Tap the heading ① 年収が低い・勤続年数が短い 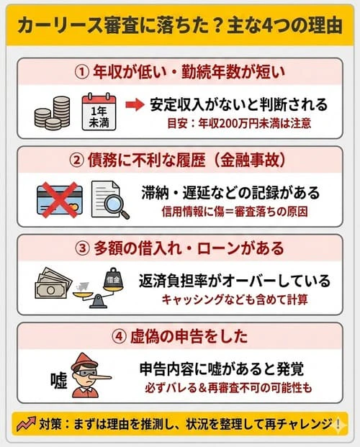179,72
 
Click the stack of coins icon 53,112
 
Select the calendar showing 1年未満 99,111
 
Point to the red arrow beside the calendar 135,105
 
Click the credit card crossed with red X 58,196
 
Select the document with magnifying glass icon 109,197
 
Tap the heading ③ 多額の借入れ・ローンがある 179,246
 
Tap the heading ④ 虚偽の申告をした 179,335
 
